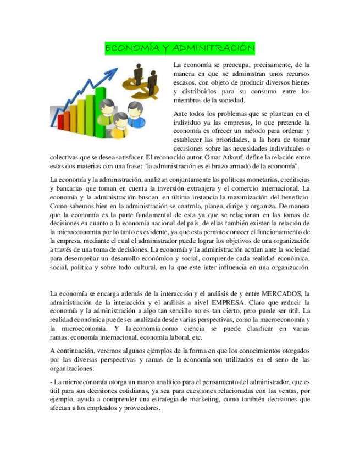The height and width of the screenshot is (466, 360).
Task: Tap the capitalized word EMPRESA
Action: (x=231, y=302)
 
